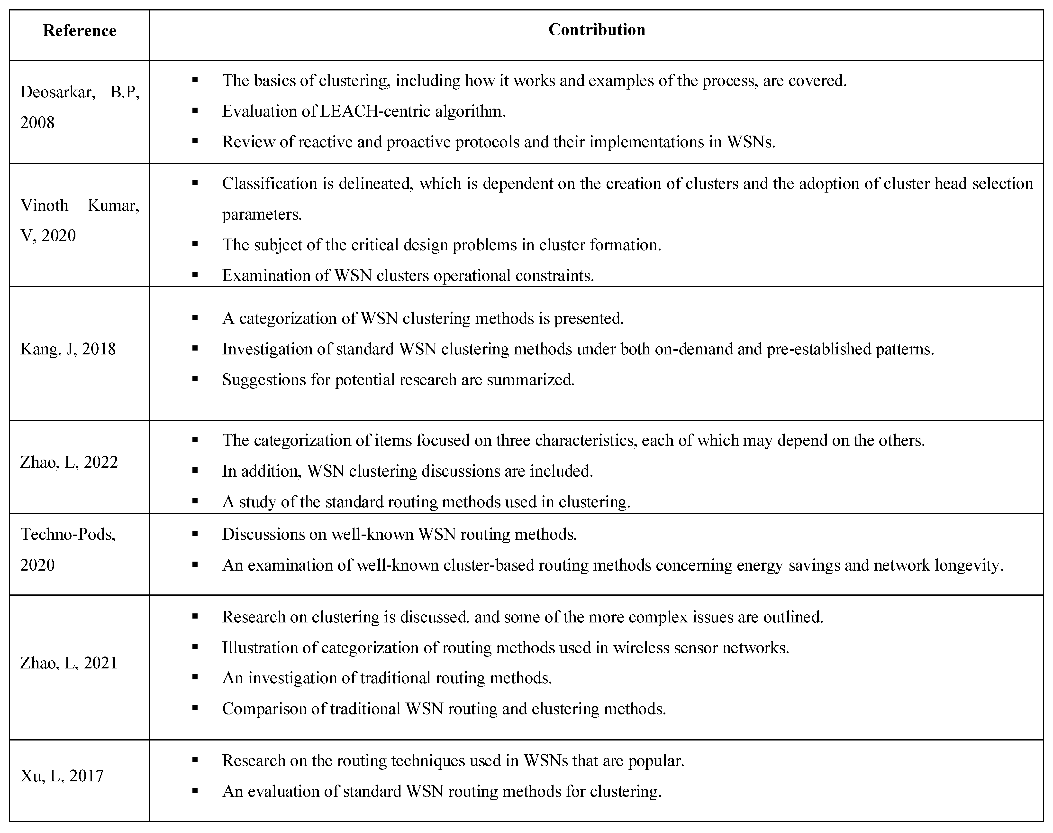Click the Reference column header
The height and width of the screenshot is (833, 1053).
coord(80,31)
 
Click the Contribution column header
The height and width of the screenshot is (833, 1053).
coord(597,30)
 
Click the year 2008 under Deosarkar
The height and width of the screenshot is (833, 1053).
coord(37,122)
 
